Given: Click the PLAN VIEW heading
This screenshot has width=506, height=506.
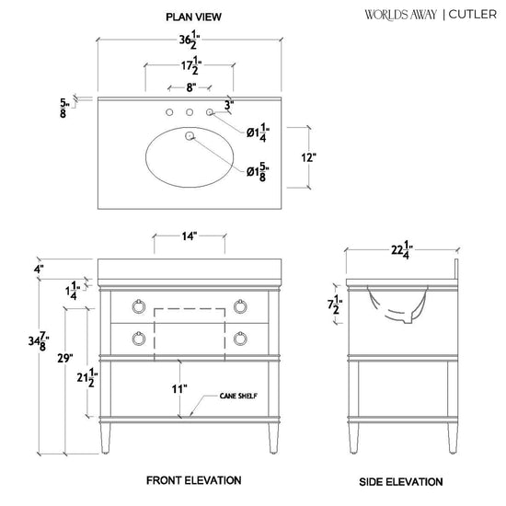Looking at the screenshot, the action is (x=193, y=17).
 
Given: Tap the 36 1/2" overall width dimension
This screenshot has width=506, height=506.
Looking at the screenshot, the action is (x=190, y=40).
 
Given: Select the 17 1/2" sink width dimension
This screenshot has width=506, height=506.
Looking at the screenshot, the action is (x=191, y=65).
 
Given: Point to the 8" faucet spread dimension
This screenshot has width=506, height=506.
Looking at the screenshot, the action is (x=191, y=87).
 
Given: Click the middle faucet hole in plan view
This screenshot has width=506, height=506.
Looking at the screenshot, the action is (x=190, y=112).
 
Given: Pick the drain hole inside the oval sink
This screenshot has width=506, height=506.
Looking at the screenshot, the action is (x=190, y=136).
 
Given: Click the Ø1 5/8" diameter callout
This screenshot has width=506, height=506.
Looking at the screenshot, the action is (x=258, y=172).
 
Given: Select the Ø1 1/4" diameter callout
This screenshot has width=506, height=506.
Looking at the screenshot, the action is (x=258, y=132).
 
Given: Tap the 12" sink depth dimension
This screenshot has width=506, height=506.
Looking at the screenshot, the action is (x=308, y=158).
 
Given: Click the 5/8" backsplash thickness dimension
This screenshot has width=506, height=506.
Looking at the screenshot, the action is (x=64, y=108).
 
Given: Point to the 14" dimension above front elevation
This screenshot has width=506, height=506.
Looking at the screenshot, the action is (x=190, y=236).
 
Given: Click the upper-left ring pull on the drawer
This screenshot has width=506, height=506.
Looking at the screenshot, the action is (x=138, y=306).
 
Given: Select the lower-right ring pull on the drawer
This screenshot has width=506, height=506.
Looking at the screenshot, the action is (x=240, y=339).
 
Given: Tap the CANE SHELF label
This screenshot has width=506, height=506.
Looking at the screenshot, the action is (x=238, y=396).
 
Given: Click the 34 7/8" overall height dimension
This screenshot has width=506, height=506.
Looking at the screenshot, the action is (x=39, y=341).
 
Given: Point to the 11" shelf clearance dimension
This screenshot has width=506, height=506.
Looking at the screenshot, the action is (x=179, y=389).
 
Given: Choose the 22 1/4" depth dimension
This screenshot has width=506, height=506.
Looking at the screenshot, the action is (x=402, y=249).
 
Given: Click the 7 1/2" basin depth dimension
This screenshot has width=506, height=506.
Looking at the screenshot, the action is (x=335, y=305).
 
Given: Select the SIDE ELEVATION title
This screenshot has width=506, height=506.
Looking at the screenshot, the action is (x=401, y=482).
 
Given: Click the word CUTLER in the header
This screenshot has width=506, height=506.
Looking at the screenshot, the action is (x=473, y=15).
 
